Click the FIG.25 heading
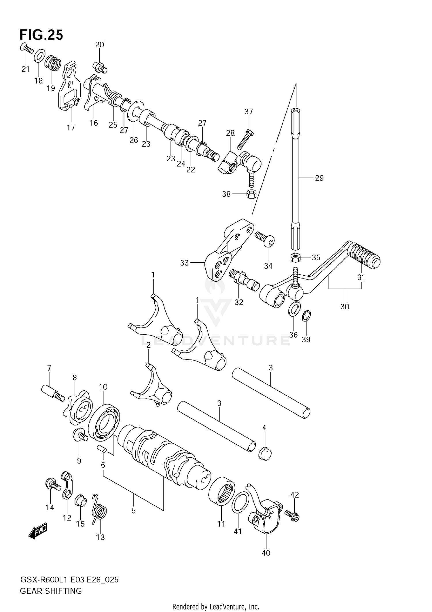pos(41,35)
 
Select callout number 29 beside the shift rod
pos(319,178)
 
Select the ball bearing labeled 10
pos(104,423)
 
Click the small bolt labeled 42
pos(292,516)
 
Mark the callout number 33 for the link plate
pos(184,263)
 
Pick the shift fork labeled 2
pos(153,386)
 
